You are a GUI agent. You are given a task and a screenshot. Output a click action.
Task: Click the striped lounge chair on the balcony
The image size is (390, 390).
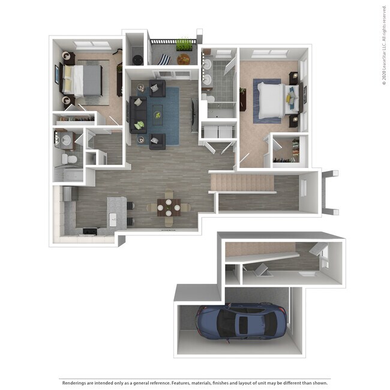tap(164, 59)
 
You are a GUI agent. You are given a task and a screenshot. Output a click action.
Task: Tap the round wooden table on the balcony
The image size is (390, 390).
tap(183, 59)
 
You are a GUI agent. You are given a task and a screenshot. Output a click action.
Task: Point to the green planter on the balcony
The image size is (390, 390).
tap(184, 46)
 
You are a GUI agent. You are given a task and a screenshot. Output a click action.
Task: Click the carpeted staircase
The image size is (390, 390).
tap(241, 182)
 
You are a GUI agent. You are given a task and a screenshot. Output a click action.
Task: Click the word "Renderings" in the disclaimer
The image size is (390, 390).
tap(74, 382)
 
